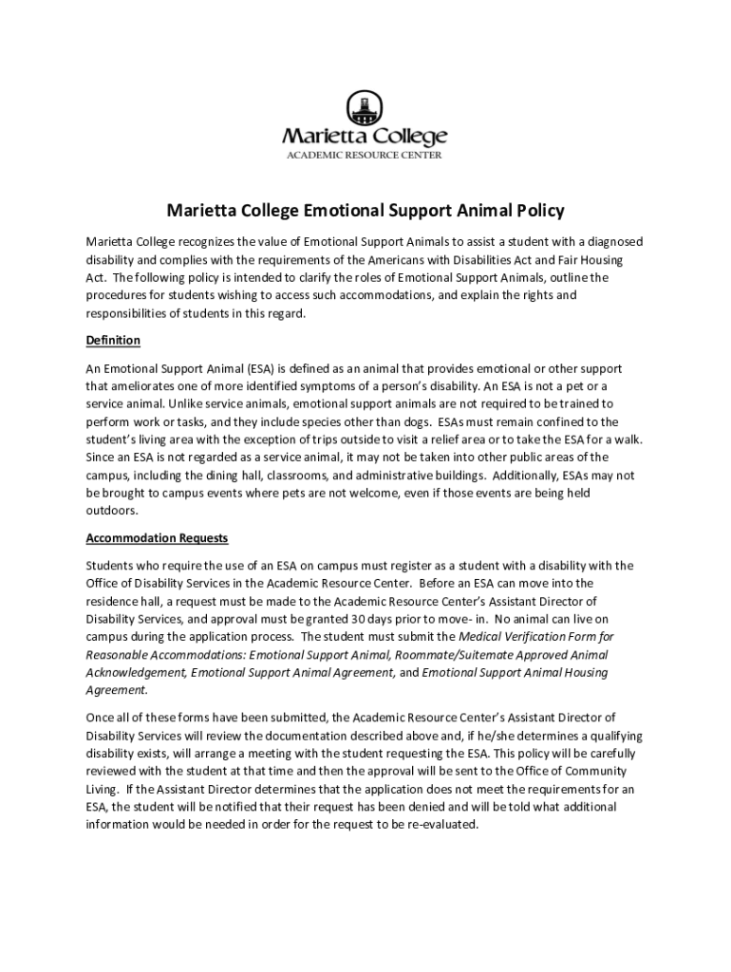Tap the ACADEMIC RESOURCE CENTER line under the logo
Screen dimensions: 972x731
(x=365, y=156)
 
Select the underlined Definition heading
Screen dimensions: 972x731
(x=113, y=340)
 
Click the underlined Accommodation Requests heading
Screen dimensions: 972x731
(x=157, y=537)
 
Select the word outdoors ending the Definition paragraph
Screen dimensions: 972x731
(x=112, y=510)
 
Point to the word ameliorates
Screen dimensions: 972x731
(x=148, y=385)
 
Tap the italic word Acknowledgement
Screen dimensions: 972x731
(x=135, y=673)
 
